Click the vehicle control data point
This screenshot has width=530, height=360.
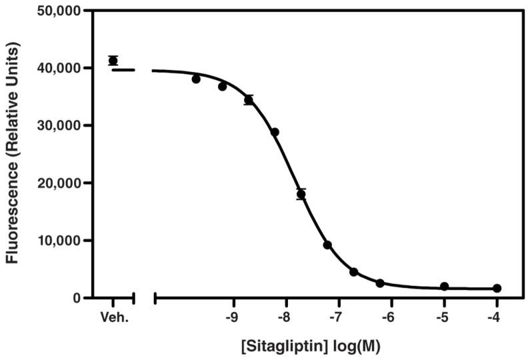pyautogui.click(x=113, y=61)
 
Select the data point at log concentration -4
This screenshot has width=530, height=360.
pyautogui.click(x=497, y=288)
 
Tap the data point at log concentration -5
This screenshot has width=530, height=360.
pyautogui.click(x=444, y=287)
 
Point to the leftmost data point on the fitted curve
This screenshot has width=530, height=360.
pyautogui.click(x=196, y=79)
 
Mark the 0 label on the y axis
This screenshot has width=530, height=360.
pyautogui.click(x=77, y=298)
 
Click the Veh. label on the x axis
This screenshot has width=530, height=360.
pyautogui.click(x=113, y=319)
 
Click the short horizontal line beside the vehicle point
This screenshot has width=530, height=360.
pyautogui.click(x=123, y=69)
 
